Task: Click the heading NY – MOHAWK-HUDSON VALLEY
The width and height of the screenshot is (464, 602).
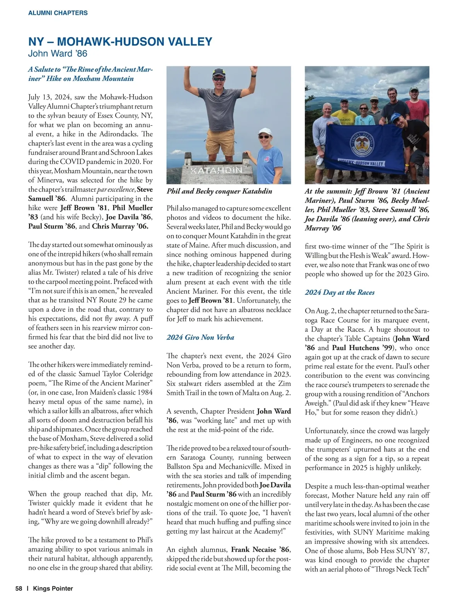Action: pos(120,42)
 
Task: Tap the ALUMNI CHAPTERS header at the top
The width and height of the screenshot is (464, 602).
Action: pos(58,13)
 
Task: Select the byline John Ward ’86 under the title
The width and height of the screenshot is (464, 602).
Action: pos(58,53)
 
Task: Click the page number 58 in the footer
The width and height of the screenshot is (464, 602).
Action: pos(19,588)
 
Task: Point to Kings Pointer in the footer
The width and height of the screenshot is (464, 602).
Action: pos(53,588)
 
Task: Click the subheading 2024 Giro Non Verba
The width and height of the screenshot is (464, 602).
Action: pos(200,337)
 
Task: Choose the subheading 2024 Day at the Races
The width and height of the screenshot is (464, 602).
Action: pos(339,292)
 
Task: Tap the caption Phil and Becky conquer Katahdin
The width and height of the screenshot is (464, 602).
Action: pos(219,191)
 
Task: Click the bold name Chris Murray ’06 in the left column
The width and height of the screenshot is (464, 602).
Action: pos(120,226)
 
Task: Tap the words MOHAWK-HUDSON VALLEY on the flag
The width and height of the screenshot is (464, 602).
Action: pos(361,163)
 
